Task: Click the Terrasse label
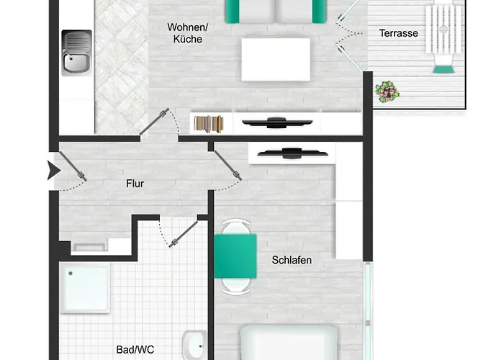pos(398,33)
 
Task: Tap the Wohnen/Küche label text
pos(188,33)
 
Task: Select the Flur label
pos(135,184)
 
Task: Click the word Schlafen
pos(292,260)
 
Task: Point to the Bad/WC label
pos(135,349)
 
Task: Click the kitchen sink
pos(76,53)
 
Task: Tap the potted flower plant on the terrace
pos(387,91)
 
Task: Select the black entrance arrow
pos(54,171)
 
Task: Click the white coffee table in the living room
pos(276,60)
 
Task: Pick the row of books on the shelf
pos(209,125)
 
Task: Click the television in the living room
pos(276,123)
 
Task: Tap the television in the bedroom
pos(292,153)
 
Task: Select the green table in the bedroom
pos(235,256)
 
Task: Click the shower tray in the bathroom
pos(85,288)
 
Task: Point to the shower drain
pos(71,274)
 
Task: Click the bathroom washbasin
pos(194,346)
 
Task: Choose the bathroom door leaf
pos(184,234)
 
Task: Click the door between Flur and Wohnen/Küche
pos(154,122)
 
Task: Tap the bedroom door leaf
pos(228,166)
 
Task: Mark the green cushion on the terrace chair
pos(444,69)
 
